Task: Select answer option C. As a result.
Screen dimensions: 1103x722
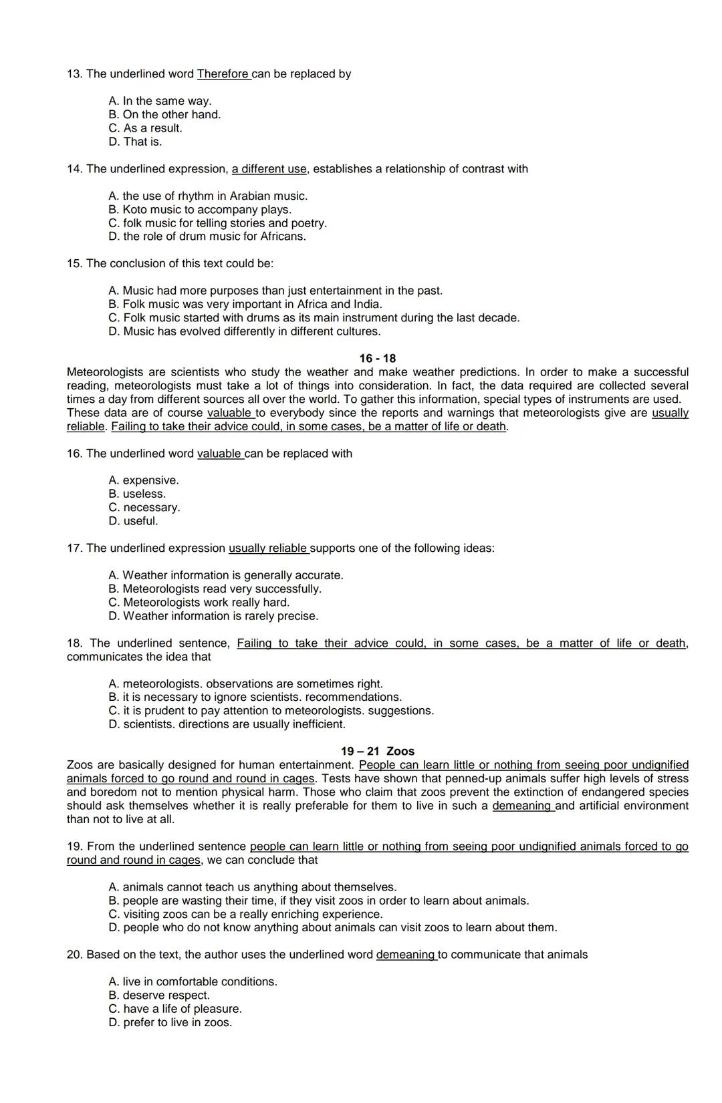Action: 145,128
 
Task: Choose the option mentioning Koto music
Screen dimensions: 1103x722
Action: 200,210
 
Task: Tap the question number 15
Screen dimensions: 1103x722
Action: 74,264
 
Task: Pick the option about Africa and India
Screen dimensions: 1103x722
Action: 245,305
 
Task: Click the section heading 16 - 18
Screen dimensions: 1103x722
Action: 377,359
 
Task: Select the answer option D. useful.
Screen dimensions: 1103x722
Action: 133,521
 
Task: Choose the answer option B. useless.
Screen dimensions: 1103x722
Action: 137,494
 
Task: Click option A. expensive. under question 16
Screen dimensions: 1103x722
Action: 143,480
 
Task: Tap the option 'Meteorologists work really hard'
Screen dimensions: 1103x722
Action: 199,603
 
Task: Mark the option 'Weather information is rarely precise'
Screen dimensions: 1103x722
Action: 213,616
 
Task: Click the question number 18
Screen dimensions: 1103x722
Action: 74,643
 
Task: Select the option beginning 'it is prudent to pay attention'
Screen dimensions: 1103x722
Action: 271,711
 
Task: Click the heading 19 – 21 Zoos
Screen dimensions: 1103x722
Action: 377,752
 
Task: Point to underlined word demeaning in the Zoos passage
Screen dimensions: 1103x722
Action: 522,806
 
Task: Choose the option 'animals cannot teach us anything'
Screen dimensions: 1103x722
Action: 252,887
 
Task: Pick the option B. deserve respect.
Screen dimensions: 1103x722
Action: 158,995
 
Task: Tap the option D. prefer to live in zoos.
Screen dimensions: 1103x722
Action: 170,1023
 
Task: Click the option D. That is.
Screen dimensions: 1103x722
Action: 135,142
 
